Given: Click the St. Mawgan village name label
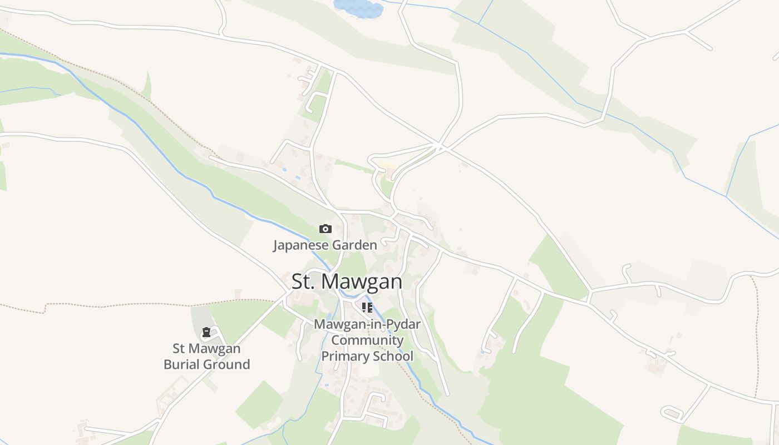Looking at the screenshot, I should click(347, 281).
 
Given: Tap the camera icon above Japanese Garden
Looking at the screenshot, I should click(325, 229).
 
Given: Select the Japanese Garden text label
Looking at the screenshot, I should click(325, 245).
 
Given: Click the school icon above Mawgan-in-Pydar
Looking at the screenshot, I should click(367, 307).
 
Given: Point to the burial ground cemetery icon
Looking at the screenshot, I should click(206, 333).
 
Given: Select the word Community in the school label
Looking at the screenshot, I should click(367, 340).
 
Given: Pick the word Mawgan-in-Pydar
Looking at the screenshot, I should click(367, 324).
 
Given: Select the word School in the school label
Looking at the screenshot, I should click(395, 356).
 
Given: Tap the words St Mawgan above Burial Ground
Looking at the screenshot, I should click(206, 349).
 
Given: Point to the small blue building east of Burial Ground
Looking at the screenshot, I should click(327, 384).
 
